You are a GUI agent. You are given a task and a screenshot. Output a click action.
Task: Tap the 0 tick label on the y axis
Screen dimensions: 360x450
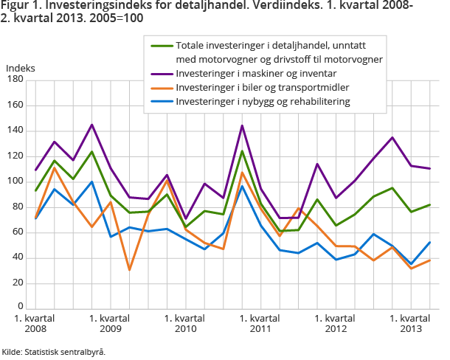(22, 308)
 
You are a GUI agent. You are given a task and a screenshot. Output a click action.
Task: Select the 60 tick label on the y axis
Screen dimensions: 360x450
(20, 232)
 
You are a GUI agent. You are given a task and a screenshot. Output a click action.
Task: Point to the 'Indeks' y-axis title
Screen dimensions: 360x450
(21, 68)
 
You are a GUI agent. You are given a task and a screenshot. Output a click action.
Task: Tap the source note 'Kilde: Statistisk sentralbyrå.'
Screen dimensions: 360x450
(53, 351)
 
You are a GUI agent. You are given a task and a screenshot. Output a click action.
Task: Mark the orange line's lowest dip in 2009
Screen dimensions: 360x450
(129, 270)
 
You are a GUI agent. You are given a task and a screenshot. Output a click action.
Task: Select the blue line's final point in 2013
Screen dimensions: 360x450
(430, 242)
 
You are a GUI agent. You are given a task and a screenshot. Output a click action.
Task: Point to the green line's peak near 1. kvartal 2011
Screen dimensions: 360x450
(241, 151)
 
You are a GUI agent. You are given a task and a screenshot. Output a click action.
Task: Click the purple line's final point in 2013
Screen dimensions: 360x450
(430, 169)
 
